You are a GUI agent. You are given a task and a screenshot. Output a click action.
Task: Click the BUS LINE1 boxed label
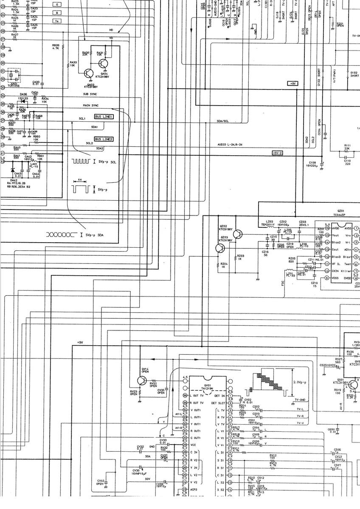coord(104,116)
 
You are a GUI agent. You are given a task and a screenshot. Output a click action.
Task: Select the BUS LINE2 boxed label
coord(104,139)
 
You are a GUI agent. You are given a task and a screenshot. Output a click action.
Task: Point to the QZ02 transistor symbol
coord(237,234)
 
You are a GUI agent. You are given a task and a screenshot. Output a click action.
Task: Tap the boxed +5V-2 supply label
coord(277,153)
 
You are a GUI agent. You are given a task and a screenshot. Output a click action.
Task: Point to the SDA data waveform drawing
coord(61,234)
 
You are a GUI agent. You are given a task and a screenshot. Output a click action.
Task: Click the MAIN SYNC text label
coord(91,105)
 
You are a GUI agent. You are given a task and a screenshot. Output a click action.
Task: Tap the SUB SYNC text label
coord(90,94)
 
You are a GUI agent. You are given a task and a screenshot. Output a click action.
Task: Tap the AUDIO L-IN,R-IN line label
coord(230,145)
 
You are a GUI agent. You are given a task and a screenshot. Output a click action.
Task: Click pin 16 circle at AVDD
coord(327,228)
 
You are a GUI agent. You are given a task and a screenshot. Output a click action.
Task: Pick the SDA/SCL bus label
coord(222,121)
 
